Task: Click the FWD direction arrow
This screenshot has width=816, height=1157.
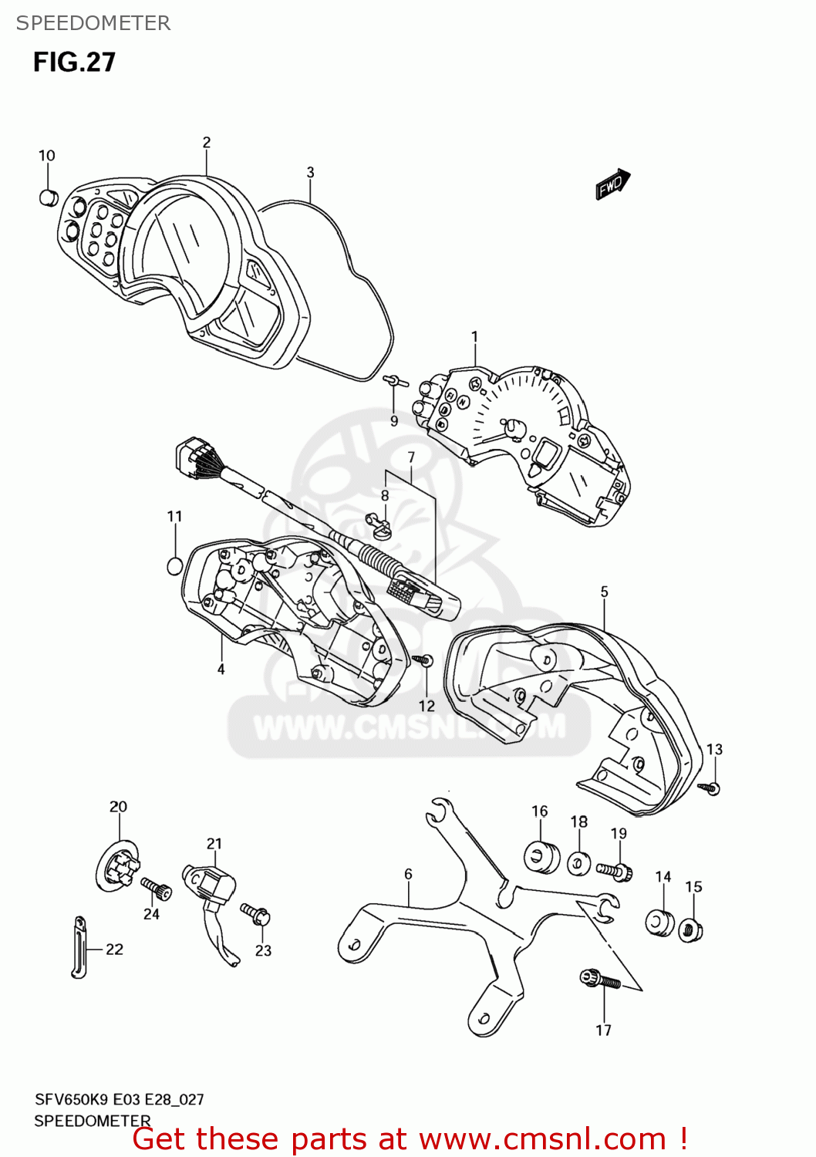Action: pos(613,184)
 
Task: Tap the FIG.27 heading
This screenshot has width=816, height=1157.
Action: pos(74,62)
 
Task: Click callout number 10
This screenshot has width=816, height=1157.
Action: pos(47,156)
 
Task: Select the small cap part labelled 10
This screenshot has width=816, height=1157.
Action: pos(49,197)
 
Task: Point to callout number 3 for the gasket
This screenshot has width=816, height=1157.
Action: pos(310,173)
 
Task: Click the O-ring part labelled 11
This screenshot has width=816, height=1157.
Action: pos(175,565)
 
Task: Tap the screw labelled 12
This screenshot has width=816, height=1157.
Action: pos(424,660)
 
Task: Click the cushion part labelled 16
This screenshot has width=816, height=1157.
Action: pos(541,856)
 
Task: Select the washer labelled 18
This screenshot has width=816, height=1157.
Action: pos(578,862)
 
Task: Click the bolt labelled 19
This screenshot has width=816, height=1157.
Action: pos(615,870)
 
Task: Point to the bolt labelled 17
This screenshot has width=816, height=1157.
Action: pos(599,980)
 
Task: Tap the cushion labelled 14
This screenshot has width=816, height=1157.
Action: pos(659,922)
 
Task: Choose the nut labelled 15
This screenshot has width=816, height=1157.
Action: pos(690,930)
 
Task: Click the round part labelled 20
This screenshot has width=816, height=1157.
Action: pos(119,866)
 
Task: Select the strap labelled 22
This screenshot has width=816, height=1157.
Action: pos(79,947)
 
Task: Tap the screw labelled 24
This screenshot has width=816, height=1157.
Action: pos(156,888)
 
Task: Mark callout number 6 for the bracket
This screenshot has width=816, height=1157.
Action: pos(408,874)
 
